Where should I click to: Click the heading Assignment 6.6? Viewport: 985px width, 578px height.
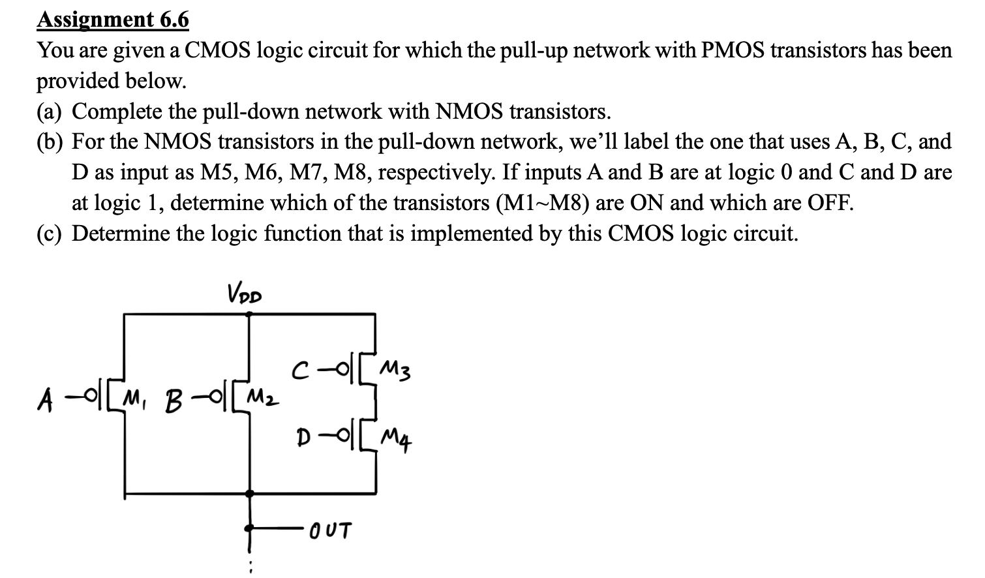click(x=113, y=20)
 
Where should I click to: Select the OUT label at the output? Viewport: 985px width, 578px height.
click(x=330, y=530)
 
